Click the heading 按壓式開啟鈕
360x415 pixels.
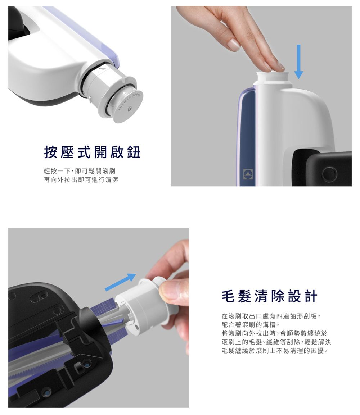[92, 152]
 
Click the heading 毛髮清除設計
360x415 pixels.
[269, 296]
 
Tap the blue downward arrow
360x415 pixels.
[298, 61]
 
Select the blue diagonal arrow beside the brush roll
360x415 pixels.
[121, 282]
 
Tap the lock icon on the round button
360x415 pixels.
[130, 108]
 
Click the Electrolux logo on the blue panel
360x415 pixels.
[248, 174]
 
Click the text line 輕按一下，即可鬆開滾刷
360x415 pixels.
[80, 171]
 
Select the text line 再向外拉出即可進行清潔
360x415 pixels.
[81, 180]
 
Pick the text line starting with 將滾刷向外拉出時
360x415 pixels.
[274, 333]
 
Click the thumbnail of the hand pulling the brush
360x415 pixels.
[99, 318]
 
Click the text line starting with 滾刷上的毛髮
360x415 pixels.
[276, 342]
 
